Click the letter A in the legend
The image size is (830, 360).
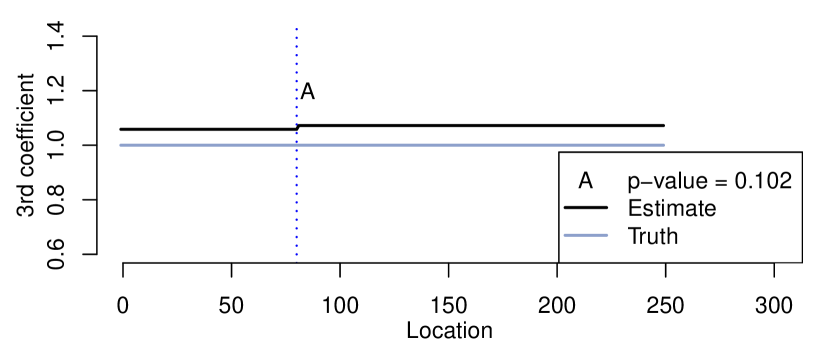(586, 181)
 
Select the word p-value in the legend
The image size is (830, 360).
(669, 182)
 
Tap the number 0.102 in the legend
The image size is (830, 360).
(763, 181)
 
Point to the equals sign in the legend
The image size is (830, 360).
(721, 182)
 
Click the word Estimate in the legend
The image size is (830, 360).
(671, 209)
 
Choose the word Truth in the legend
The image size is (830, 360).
(652, 237)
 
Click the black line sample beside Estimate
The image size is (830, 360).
(586, 209)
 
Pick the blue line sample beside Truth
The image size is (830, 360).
(586, 237)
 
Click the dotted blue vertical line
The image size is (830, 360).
(296, 80)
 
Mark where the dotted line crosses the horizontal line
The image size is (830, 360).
(296, 145)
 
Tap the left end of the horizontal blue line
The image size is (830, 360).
(120, 145)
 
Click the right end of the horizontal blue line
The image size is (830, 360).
(664, 145)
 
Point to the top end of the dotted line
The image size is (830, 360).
(296, 28)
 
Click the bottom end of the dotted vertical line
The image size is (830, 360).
(296, 258)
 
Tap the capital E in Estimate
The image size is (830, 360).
(634, 209)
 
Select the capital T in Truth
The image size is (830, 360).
(633, 237)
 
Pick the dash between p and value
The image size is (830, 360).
(645, 183)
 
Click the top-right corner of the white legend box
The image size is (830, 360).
(801, 153)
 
